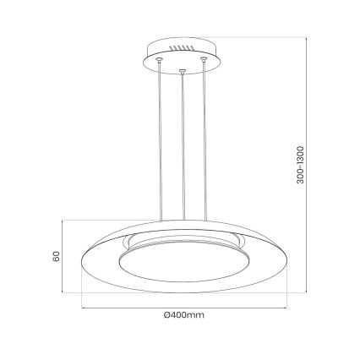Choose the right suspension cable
pos(204,144)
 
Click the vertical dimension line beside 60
pos(65,254)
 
